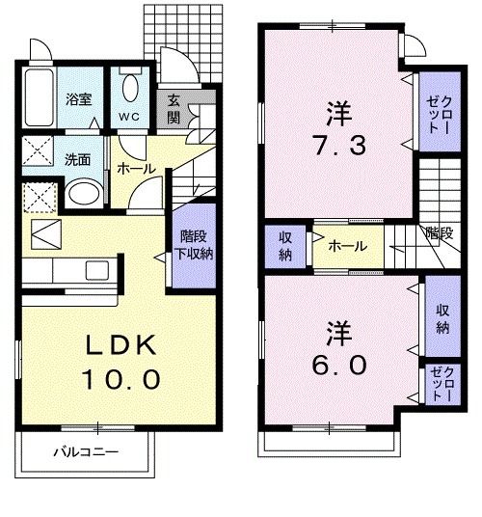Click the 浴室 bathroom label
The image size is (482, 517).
[x=78, y=99]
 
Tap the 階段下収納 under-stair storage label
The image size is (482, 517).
[x=196, y=246]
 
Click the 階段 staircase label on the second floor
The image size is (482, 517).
[x=439, y=232]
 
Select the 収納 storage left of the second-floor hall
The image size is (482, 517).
[x=285, y=246]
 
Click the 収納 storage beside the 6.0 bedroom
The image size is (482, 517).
[x=442, y=318]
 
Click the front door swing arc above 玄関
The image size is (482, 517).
[x=177, y=69]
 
